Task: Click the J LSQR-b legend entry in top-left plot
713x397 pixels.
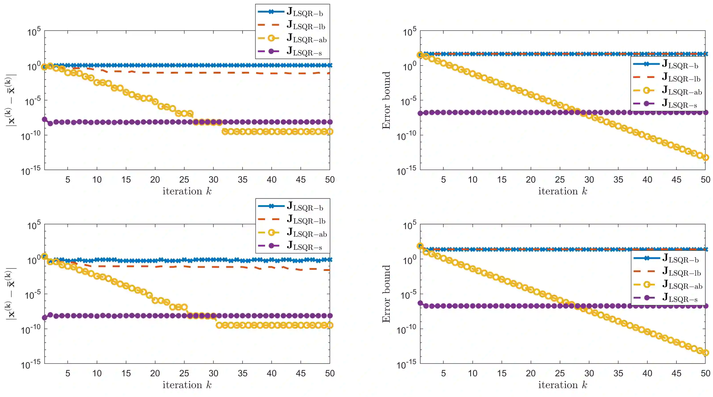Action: click(x=304, y=12)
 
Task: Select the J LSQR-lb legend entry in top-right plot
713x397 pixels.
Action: click(x=681, y=78)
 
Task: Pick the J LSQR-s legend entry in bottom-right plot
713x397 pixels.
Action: click(x=679, y=298)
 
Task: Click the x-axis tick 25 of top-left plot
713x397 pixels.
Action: click(x=184, y=180)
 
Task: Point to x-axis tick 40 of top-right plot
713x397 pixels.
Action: click(x=647, y=180)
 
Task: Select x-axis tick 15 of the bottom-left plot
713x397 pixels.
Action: click(x=126, y=373)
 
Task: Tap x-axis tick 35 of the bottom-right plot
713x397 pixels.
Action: click(x=618, y=373)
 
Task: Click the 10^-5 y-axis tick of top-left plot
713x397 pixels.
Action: click(x=33, y=101)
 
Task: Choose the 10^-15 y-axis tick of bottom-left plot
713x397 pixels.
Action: click(x=31, y=364)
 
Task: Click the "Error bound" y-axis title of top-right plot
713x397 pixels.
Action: click(x=386, y=100)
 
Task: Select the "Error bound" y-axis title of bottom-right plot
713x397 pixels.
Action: click(x=386, y=294)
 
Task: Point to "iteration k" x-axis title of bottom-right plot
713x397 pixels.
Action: click(x=562, y=385)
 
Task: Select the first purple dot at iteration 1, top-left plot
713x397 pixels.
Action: click(x=44, y=119)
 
